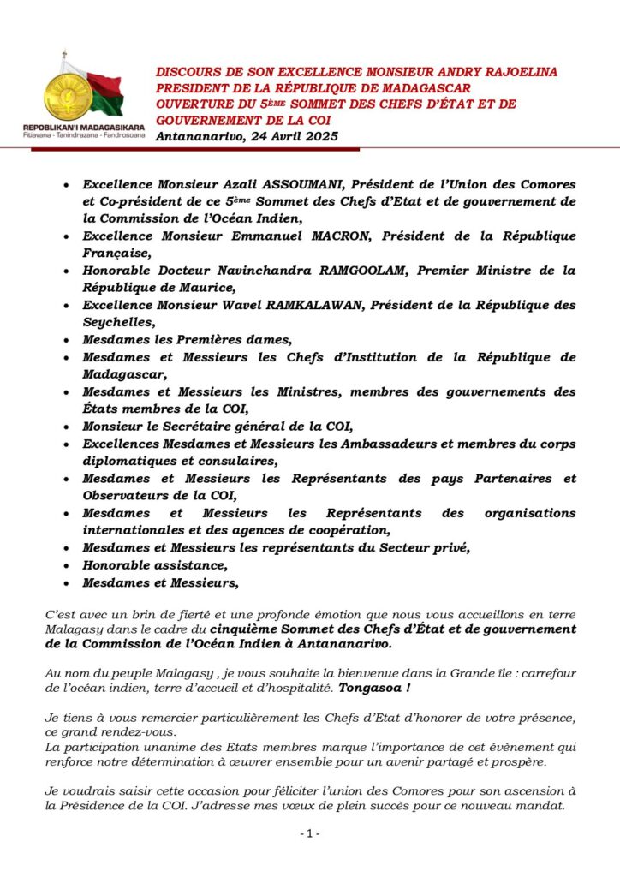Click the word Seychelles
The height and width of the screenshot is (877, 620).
point(117,322)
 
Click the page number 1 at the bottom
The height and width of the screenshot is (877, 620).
point(310,833)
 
